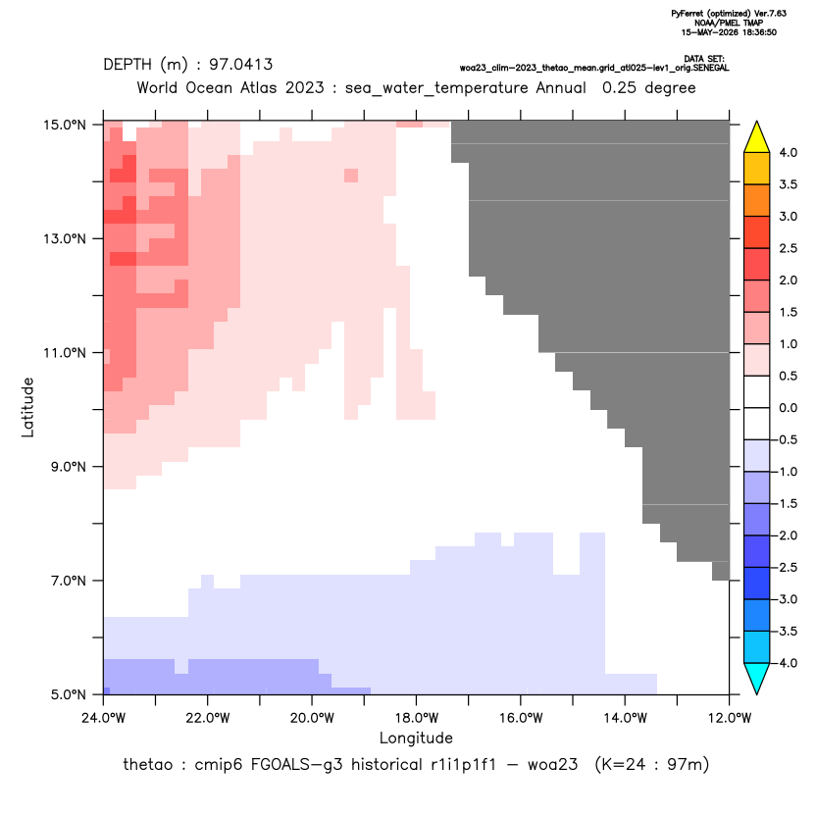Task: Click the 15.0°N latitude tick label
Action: tap(64, 125)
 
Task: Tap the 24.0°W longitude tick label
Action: tap(104, 718)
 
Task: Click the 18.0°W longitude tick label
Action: tap(416, 718)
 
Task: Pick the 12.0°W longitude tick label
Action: tap(729, 718)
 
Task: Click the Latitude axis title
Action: tap(27, 407)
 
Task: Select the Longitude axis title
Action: tap(416, 738)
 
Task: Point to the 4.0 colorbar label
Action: tap(788, 152)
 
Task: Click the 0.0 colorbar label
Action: tap(788, 407)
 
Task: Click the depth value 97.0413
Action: tap(241, 65)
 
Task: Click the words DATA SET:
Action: tap(704, 59)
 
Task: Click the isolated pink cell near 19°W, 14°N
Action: tap(351, 176)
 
